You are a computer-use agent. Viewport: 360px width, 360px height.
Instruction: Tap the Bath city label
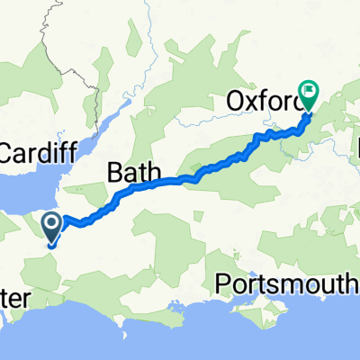point(133,170)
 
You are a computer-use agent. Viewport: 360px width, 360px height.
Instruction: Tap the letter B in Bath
point(116,170)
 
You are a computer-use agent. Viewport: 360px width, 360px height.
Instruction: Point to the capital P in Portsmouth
point(224,285)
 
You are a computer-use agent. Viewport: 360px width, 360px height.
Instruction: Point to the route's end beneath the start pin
point(53,244)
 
